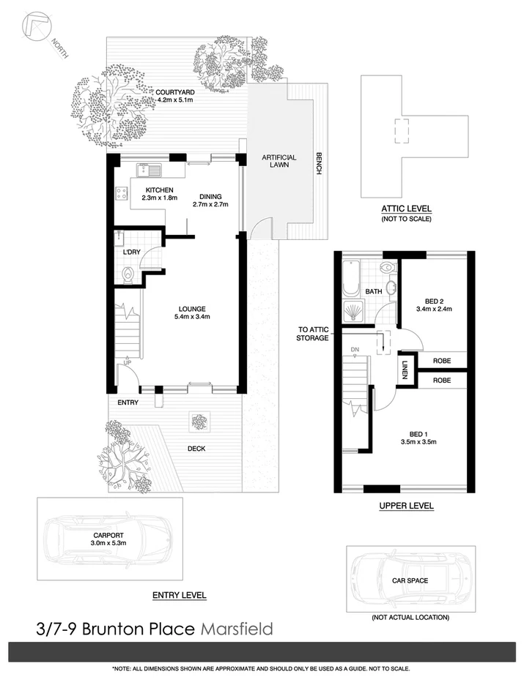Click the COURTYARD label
pyautogui.click(x=174, y=91)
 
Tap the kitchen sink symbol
pyautogui.click(x=152, y=171)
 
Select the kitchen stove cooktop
pyautogui.click(x=121, y=195)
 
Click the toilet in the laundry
pyautogui.click(x=128, y=274)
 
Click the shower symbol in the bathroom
pyautogui.click(x=353, y=311)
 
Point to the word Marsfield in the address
pyautogui.click(x=236, y=628)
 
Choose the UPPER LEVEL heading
pyautogui.click(x=406, y=506)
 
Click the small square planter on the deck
pyautogui.click(x=198, y=421)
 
